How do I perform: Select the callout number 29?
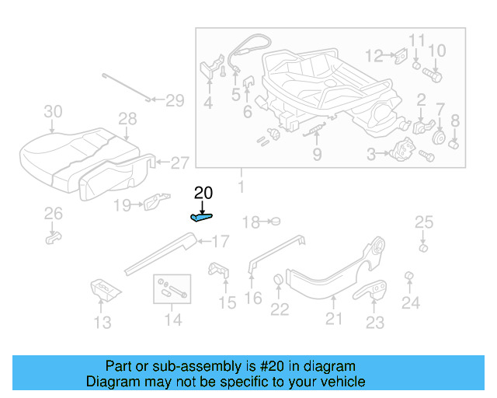pyautogui.click(x=175, y=100)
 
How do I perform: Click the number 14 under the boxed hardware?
pyautogui.click(x=172, y=319)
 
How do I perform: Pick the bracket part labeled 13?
pyautogui.click(x=103, y=289)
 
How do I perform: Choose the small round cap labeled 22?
pyautogui.click(x=278, y=281)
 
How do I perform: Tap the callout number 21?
pyautogui.click(x=333, y=318)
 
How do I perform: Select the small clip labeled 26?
pyautogui.click(x=52, y=236)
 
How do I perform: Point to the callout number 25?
pyautogui.click(x=423, y=223)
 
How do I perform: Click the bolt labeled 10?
pyautogui.click(x=433, y=76)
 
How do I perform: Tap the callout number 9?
pyautogui.click(x=317, y=155)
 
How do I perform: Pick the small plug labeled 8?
pyautogui.click(x=455, y=143)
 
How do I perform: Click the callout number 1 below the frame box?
pyautogui.click(x=241, y=187)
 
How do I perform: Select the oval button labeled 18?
pyautogui.click(x=274, y=222)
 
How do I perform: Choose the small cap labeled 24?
pyautogui.click(x=409, y=278)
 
